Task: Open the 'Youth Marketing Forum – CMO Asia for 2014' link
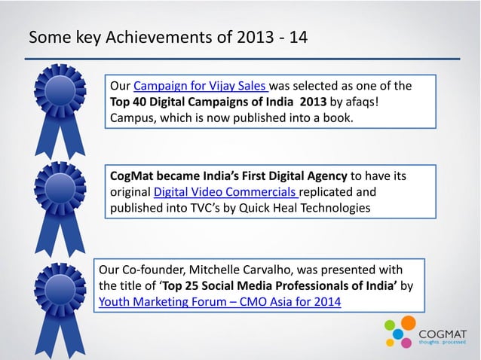pos(219,303)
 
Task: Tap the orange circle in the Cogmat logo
pos(408,323)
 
